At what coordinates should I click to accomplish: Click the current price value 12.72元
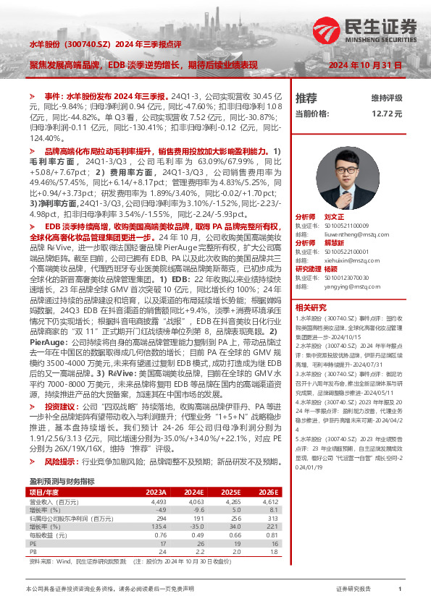(387, 114)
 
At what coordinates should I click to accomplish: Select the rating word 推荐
(306, 98)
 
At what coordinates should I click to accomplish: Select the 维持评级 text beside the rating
(386, 98)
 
